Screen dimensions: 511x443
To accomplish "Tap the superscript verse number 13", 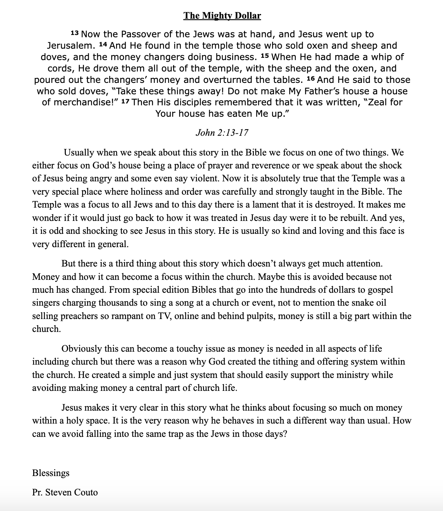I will [75, 33].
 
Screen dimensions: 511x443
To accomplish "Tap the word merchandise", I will [84, 103].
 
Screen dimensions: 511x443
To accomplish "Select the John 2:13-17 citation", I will [221, 132].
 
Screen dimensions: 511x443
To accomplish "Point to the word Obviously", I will [81, 349].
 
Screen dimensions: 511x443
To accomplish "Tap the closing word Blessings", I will [51, 473].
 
